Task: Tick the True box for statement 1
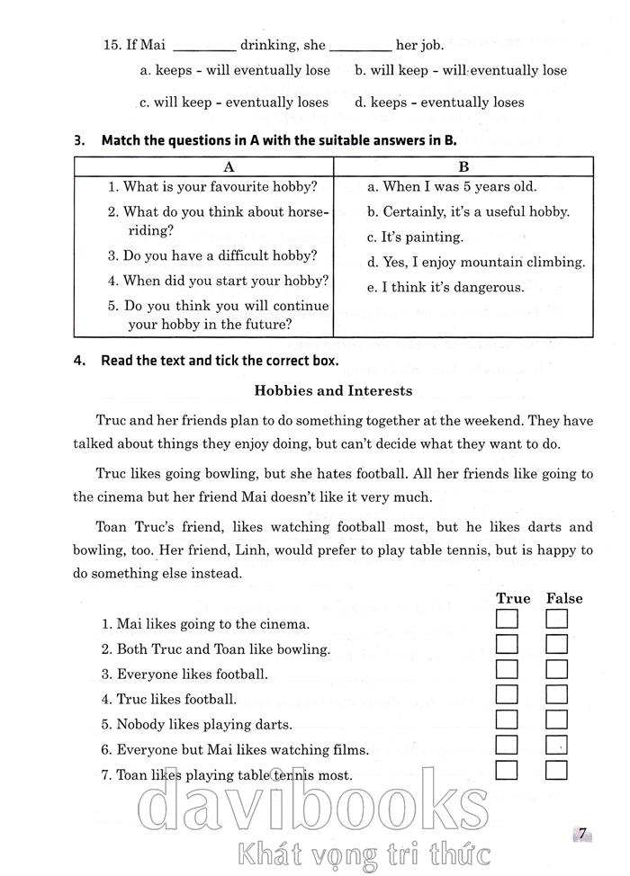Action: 508,620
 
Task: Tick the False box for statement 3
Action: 557,669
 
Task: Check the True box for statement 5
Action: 508,720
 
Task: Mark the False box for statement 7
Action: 557,770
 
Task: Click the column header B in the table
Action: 463,166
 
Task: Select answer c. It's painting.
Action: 415,237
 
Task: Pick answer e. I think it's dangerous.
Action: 445,288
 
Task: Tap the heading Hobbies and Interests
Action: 333,390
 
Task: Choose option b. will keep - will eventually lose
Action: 460,70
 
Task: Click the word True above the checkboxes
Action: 513,598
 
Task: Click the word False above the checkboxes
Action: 564,598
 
